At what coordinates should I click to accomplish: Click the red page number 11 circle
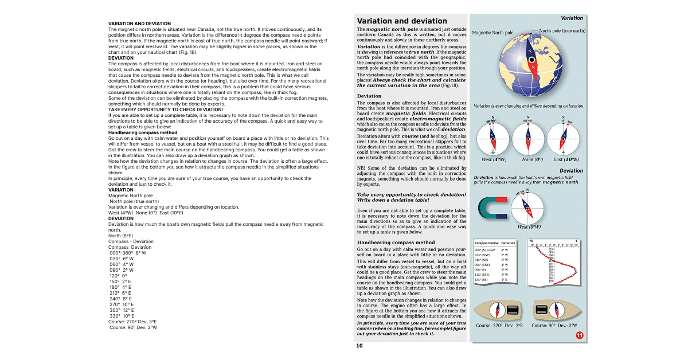(x=579, y=335)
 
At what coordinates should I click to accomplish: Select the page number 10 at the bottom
(x=359, y=346)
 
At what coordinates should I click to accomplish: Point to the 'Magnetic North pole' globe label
(x=492, y=33)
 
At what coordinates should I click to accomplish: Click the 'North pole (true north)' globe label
(x=562, y=31)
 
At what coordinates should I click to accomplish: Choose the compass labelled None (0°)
(x=528, y=138)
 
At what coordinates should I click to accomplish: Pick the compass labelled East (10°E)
(x=563, y=138)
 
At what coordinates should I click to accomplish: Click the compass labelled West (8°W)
(x=528, y=207)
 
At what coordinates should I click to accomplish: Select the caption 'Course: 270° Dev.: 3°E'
(x=499, y=326)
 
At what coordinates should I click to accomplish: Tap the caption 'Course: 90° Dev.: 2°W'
(x=554, y=326)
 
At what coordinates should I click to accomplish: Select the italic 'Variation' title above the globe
(x=572, y=18)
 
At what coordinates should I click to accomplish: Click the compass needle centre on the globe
(x=533, y=60)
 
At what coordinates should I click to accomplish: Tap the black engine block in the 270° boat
(x=512, y=310)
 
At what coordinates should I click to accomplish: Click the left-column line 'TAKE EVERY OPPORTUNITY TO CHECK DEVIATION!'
(x=165, y=109)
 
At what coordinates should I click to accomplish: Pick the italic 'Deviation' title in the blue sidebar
(x=571, y=171)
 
